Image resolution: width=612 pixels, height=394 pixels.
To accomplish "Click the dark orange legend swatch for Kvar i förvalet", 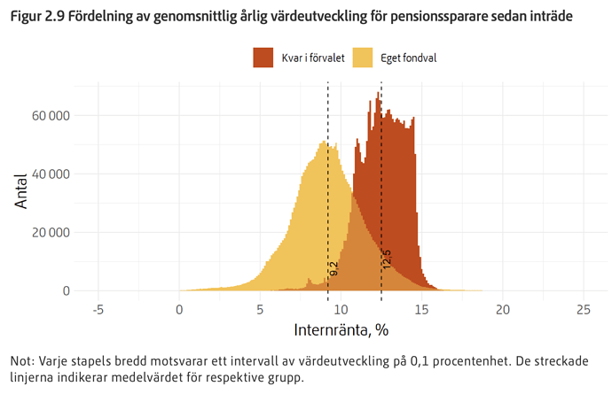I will coord(263,58).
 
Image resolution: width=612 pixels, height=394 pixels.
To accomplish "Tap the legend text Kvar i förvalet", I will coord(313,58).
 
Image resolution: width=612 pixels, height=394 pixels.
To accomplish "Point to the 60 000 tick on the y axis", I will coord(51,115).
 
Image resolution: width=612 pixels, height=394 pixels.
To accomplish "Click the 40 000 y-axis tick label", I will coord(51,174).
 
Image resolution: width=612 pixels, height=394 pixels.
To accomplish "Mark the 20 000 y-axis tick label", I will coord(51,232).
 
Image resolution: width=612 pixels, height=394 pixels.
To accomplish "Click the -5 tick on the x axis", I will coord(98,310).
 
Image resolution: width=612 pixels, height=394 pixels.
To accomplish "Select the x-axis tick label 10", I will coord(341,310).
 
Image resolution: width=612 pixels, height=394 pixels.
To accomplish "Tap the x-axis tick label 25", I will coord(583,310).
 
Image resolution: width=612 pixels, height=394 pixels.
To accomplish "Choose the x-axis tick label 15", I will coord(421,310).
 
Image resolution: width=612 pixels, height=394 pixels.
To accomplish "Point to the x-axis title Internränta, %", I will coord(341,330).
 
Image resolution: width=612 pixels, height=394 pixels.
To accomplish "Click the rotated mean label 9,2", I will coord(334,269).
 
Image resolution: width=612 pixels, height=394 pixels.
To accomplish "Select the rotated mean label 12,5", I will coord(387,259).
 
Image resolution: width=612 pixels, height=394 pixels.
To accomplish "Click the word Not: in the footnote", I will coord(22,361).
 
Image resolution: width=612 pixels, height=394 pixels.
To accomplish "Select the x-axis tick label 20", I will coord(502,310).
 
